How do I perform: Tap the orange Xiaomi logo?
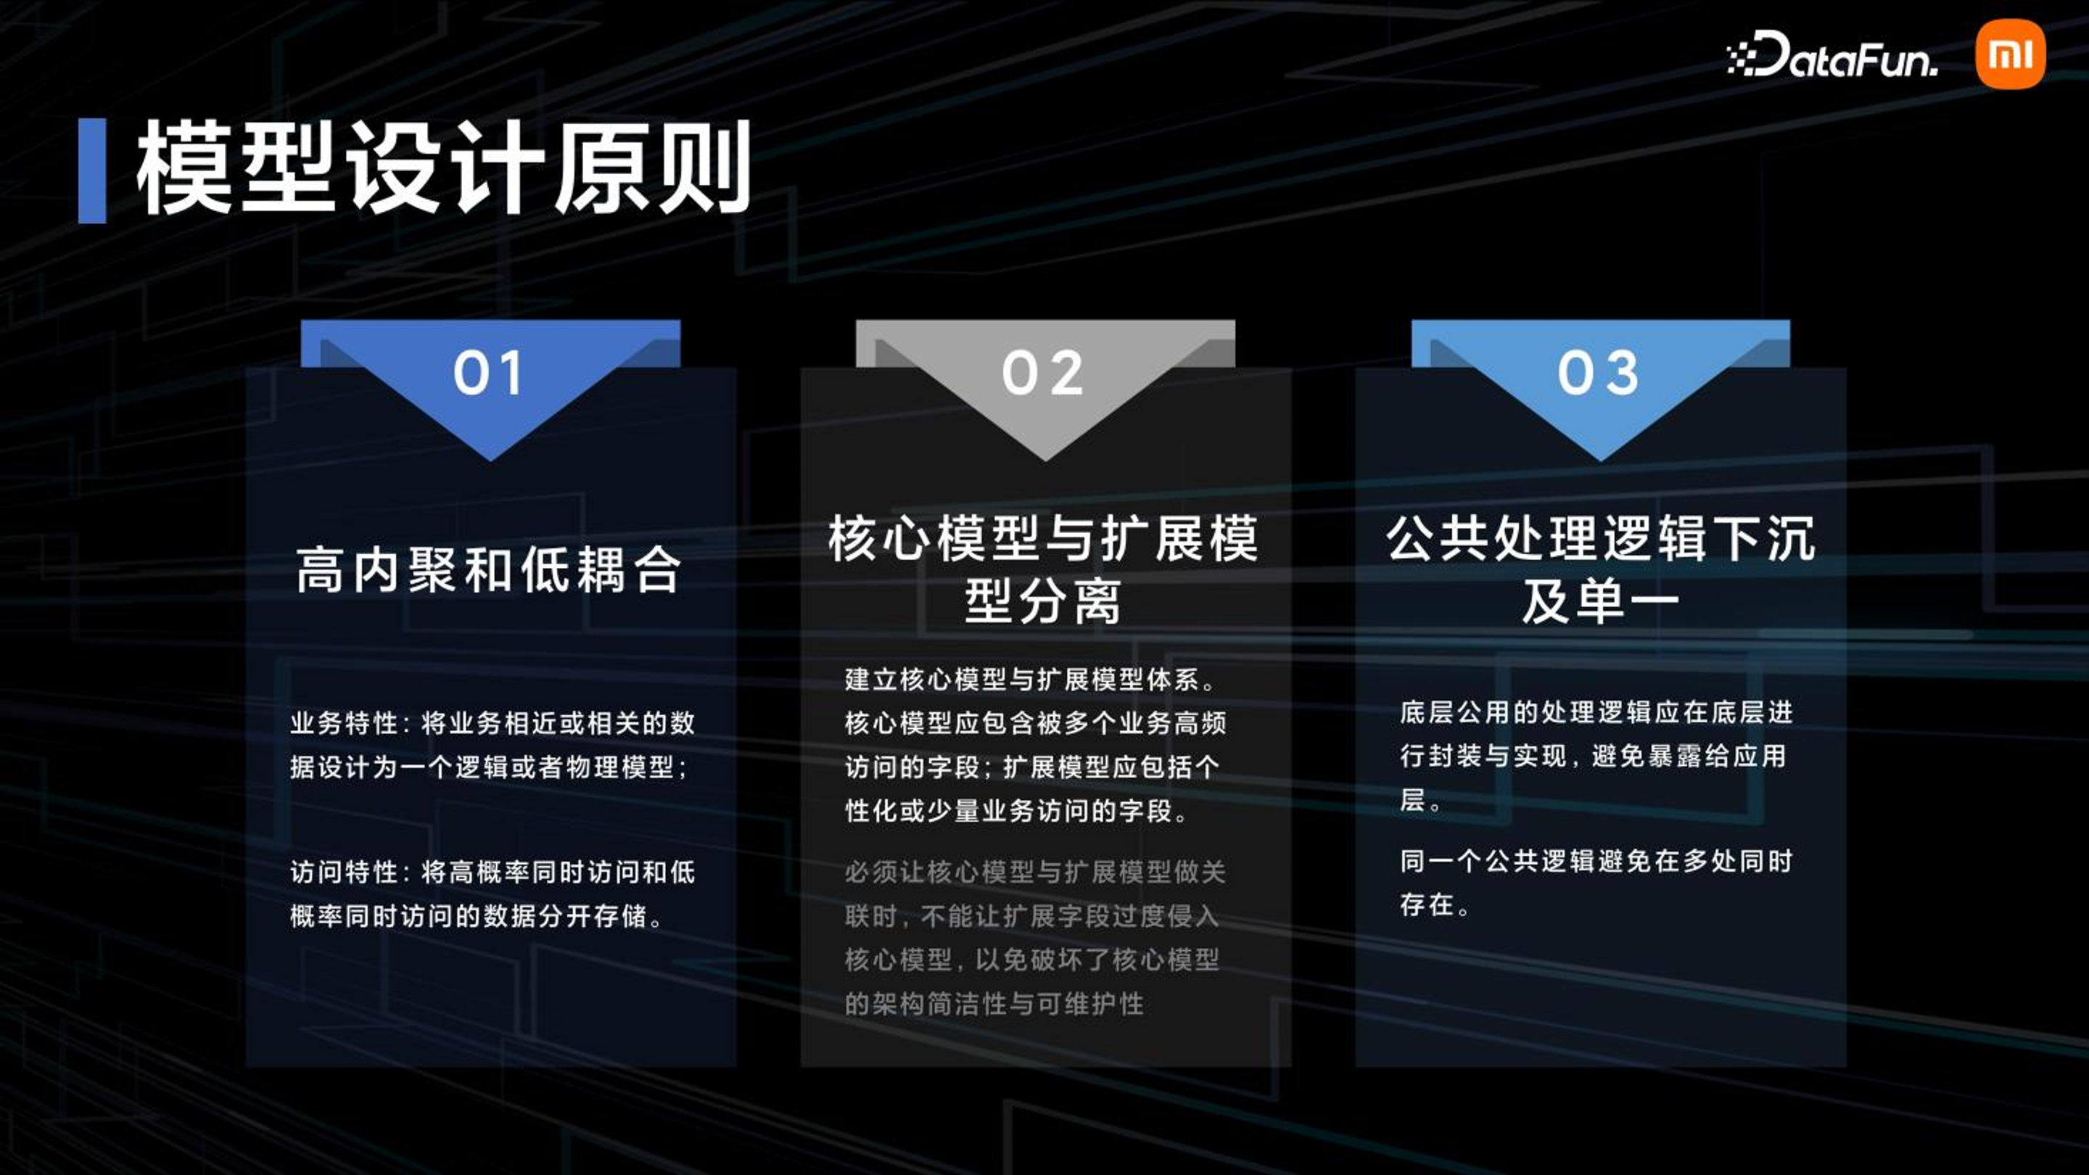pos(2011,54)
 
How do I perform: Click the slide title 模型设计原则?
pos(442,169)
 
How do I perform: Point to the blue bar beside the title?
pos(91,170)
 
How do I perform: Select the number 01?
pos(487,373)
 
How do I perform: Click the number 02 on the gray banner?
pos(1043,373)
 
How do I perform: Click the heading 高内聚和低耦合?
pos(488,570)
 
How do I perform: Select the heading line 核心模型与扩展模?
pos(1044,538)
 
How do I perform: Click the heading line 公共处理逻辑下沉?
pos(1601,538)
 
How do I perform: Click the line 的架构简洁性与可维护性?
pos(994,1004)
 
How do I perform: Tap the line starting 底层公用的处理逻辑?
pos(1596,712)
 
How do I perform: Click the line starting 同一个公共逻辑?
pos(1596,860)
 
